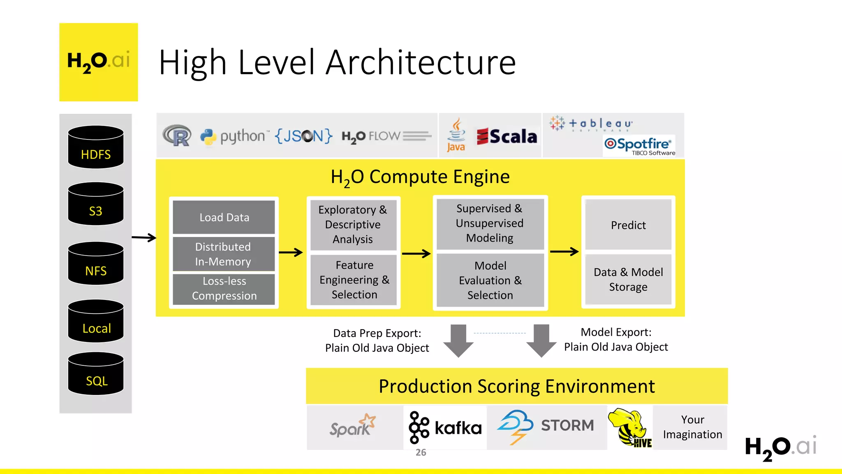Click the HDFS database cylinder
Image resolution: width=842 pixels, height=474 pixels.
pyautogui.click(x=96, y=147)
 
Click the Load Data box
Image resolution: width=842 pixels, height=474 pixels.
pyautogui.click(x=224, y=217)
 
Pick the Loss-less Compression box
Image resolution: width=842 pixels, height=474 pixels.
pyautogui.click(x=224, y=289)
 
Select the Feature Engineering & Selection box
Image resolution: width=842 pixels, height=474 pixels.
pyautogui.click(x=354, y=280)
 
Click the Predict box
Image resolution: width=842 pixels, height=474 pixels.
pyautogui.click(x=628, y=225)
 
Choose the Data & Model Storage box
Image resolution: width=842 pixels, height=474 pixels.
pyautogui.click(x=628, y=279)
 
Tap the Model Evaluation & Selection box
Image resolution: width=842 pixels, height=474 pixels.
pyautogui.click(x=490, y=280)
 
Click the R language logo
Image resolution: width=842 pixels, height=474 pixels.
pyautogui.click(x=177, y=135)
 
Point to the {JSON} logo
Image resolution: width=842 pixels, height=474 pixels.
pyautogui.click(x=303, y=136)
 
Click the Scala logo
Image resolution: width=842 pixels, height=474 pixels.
pyautogui.click(x=507, y=137)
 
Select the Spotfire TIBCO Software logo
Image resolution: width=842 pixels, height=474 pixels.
pyautogui.click(x=638, y=146)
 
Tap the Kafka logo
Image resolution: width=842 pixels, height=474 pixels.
pyautogui.click(x=445, y=428)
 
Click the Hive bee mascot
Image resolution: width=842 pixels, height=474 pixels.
pyautogui.click(x=629, y=428)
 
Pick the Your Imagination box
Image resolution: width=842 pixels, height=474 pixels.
pyautogui.click(x=692, y=427)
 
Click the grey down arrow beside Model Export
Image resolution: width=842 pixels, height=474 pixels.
pyautogui.click(x=541, y=341)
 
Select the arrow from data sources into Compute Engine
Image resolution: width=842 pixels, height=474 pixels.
pyautogui.click(x=144, y=237)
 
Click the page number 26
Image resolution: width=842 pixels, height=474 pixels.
pyautogui.click(x=421, y=453)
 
